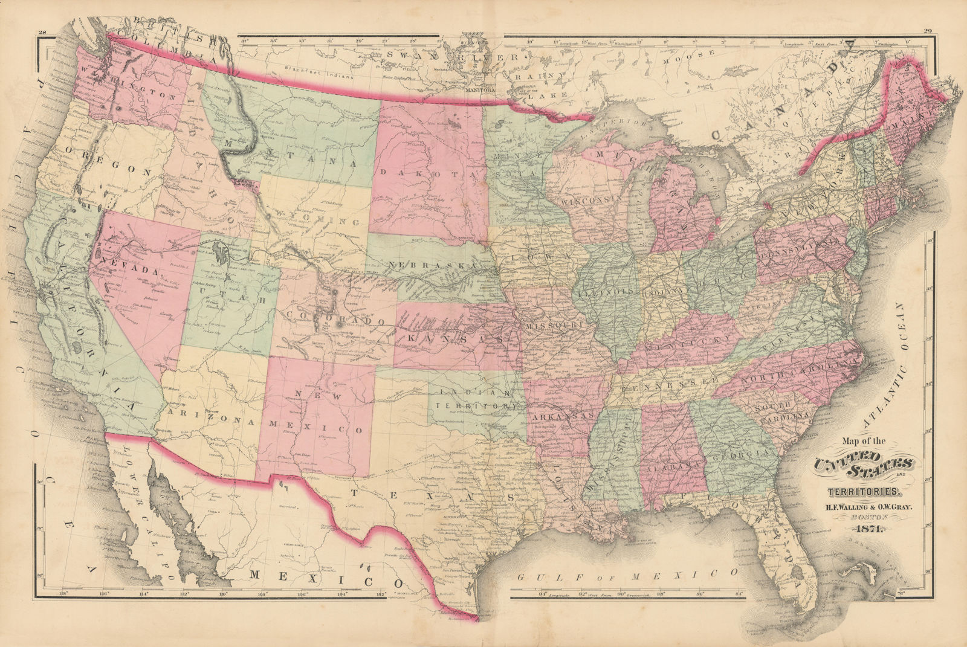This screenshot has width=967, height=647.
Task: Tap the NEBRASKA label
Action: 434,266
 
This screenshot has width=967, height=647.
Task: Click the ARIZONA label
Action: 205,414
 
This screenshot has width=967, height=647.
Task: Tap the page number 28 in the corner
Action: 42,33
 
